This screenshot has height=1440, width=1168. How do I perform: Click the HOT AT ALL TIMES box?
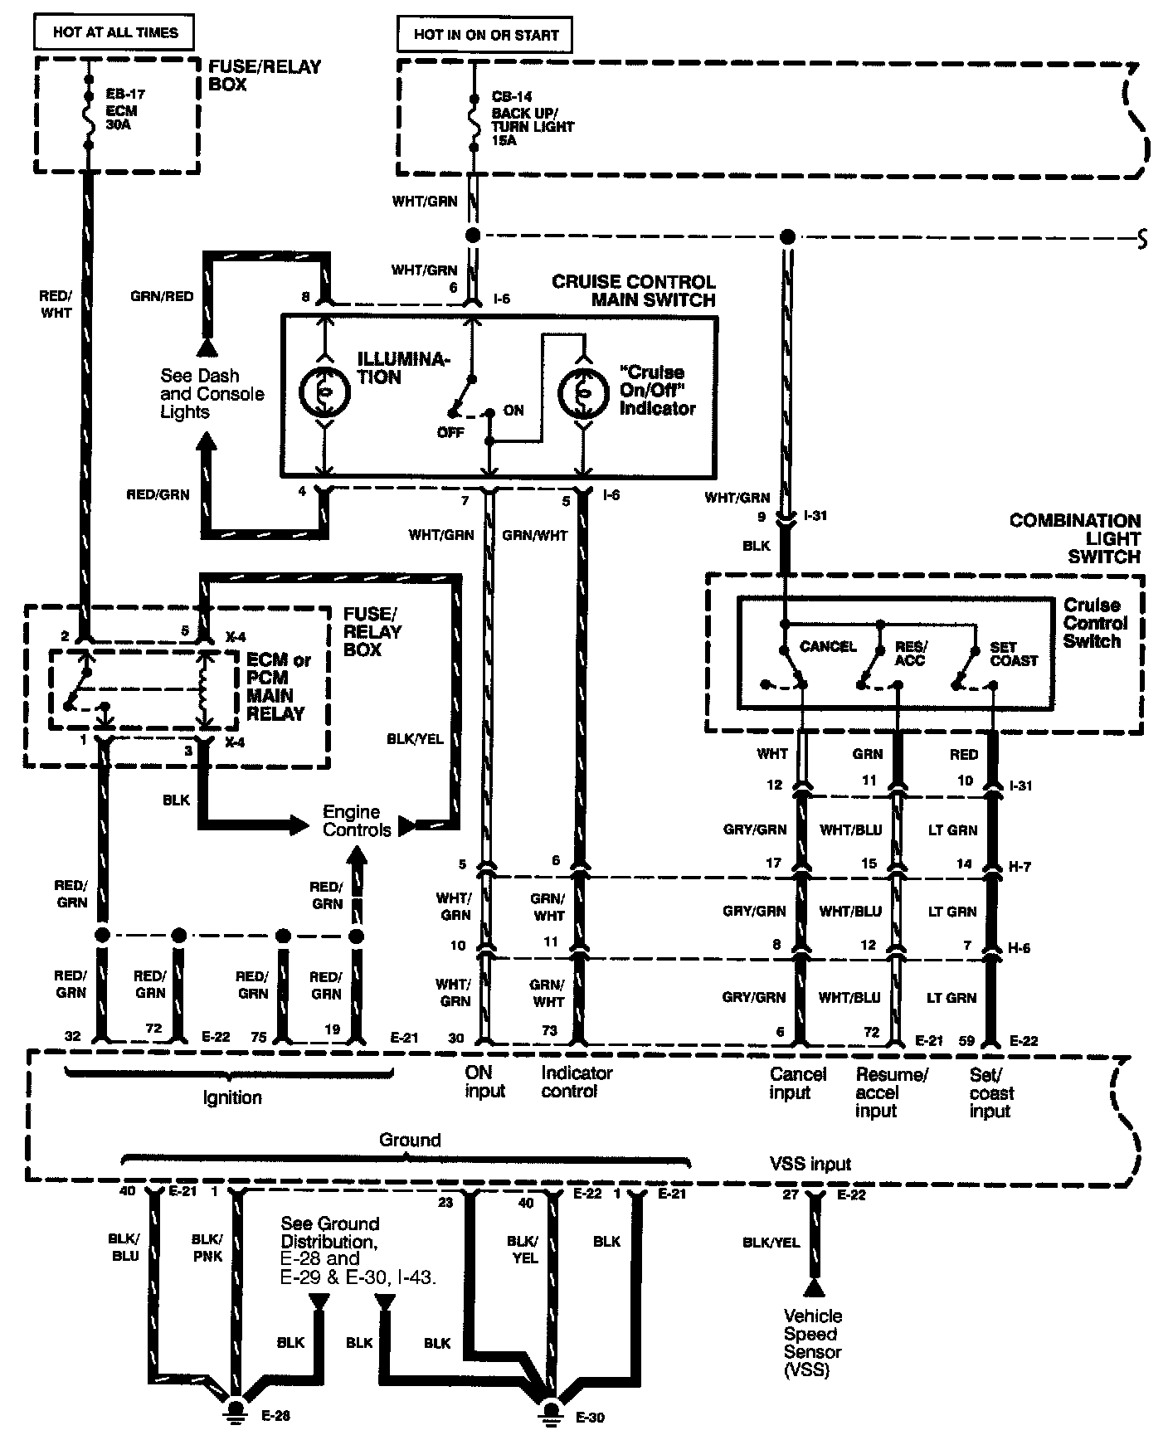[114, 33]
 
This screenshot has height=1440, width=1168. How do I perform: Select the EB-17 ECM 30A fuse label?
[122, 110]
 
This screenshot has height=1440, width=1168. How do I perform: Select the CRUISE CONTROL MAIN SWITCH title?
[634, 290]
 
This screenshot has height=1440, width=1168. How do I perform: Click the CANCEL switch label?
[828, 646]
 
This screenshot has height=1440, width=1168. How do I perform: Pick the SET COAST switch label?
[1014, 654]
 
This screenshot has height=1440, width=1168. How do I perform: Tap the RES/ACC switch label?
[910, 654]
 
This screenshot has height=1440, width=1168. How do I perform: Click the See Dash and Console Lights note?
[212, 393]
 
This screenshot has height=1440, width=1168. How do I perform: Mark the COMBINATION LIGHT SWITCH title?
[1075, 538]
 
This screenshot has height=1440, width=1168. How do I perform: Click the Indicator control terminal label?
[577, 1082]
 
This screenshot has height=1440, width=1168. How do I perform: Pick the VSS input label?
[810, 1163]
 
